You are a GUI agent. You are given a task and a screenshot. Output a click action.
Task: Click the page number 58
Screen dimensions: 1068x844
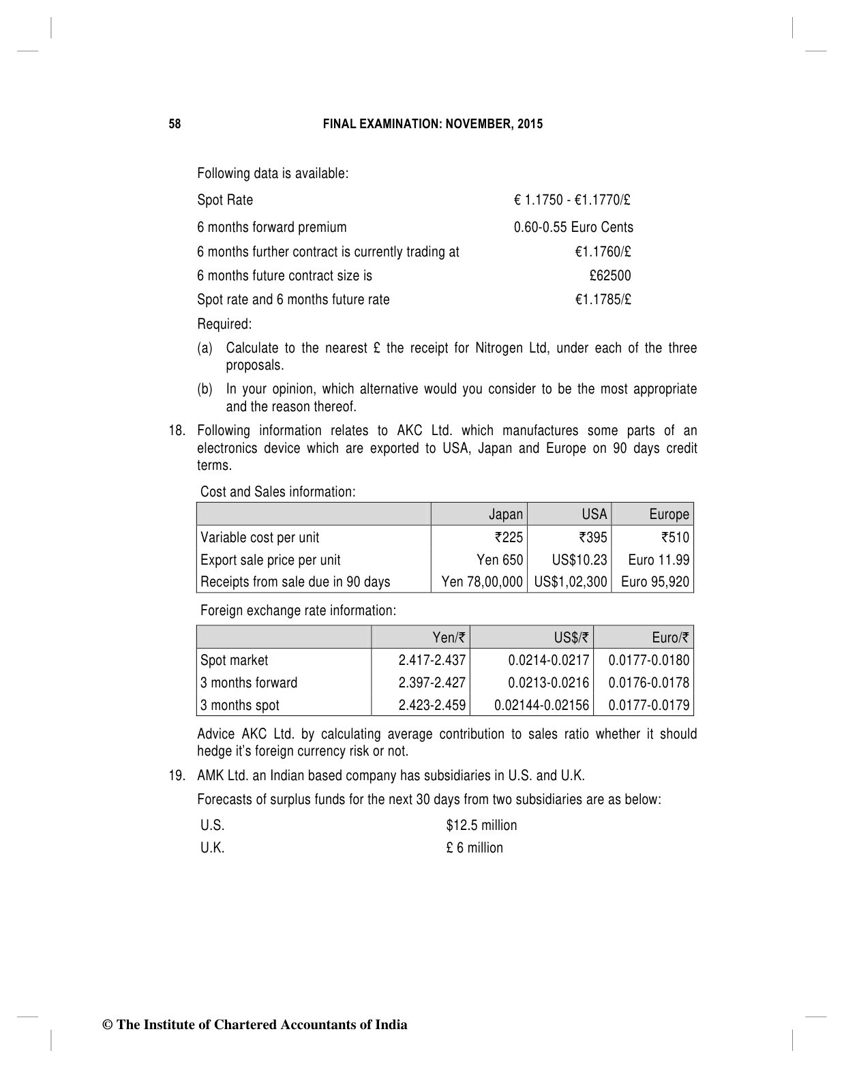(x=175, y=124)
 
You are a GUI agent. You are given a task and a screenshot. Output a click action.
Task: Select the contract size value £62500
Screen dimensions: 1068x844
(x=610, y=276)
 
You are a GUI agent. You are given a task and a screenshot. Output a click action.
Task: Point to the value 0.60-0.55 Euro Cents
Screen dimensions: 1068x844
(x=573, y=227)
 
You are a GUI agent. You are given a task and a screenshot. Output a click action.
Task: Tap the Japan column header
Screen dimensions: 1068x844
(x=506, y=514)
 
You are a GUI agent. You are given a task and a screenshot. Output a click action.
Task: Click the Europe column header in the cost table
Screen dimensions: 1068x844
(x=669, y=514)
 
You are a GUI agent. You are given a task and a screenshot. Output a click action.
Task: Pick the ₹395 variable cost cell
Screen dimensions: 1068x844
(x=592, y=537)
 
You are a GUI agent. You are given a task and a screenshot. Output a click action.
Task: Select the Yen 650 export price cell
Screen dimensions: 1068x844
(x=500, y=560)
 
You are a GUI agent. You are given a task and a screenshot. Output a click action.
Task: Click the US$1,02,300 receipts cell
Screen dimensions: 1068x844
(x=571, y=582)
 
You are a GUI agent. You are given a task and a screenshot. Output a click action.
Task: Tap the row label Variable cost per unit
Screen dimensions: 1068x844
(x=260, y=537)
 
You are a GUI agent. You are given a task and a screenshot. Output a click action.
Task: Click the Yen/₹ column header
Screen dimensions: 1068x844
(x=449, y=638)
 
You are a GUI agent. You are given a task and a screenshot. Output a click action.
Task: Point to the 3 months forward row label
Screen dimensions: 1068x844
(x=249, y=683)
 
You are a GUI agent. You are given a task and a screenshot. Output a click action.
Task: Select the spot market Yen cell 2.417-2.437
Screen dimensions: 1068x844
(x=432, y=660)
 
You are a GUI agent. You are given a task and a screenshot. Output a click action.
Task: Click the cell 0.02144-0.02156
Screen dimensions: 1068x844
(x=541, y=705)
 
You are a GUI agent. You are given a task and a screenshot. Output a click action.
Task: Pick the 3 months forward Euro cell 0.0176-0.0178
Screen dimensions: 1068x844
(x=648, y=683)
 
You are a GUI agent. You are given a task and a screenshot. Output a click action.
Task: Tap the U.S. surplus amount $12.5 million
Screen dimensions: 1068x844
(x=481, y=825)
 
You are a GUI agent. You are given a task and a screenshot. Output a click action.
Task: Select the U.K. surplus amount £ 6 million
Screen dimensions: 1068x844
(x=474, y=848)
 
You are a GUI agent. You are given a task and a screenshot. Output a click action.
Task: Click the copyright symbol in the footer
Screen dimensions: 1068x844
(x=107, y=1025)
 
